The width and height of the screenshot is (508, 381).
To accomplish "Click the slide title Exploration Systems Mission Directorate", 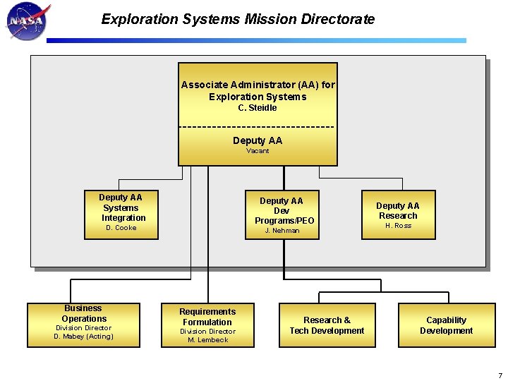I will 238,20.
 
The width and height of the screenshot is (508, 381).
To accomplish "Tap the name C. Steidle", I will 258,108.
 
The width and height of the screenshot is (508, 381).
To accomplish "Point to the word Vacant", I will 258,151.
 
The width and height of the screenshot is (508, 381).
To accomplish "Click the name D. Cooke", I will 121,228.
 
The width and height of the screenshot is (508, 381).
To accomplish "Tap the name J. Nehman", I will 282,231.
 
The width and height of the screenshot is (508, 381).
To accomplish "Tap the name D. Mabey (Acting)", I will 83,337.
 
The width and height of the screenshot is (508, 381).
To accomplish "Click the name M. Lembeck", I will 207,340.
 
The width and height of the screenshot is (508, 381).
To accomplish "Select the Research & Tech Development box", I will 327,325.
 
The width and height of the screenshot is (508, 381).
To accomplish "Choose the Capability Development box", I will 446,325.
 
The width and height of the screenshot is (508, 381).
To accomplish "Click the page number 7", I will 500,375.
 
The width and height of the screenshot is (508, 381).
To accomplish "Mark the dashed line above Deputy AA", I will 258,127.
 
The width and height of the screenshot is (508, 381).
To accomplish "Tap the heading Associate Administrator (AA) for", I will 258,85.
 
